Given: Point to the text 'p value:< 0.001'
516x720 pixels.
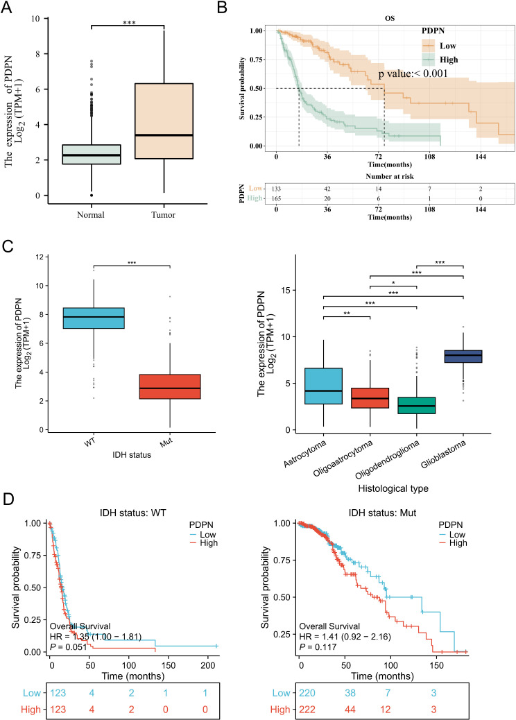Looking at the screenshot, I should pos(413,74).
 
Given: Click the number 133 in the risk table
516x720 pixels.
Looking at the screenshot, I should pos(277,188).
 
